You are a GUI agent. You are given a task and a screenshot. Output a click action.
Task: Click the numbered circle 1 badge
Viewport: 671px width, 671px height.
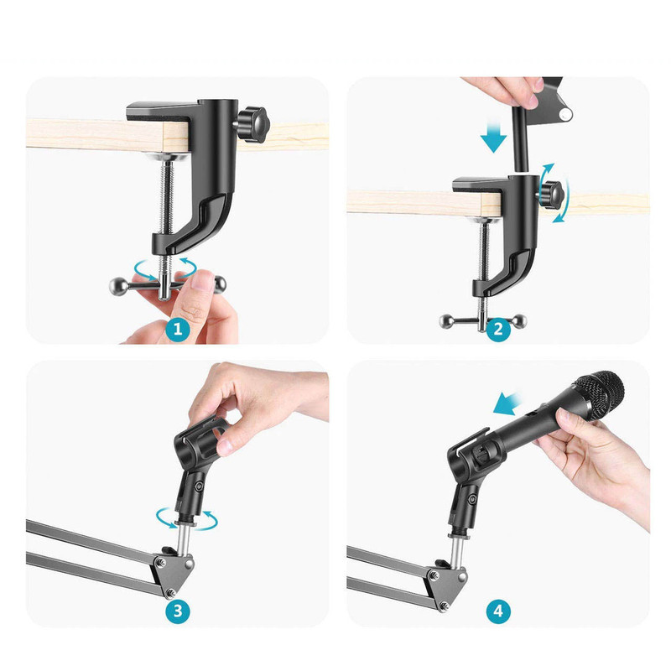178,329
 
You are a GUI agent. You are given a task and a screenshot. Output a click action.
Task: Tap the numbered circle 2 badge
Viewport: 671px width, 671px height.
498,329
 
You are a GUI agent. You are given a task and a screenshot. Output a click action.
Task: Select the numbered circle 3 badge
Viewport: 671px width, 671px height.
178,611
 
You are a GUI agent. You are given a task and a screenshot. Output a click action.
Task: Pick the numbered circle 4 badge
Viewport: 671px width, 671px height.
498,611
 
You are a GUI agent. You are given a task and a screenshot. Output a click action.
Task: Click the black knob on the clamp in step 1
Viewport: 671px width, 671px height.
253,124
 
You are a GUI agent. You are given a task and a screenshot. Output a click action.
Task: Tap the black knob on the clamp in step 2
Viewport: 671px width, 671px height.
552,195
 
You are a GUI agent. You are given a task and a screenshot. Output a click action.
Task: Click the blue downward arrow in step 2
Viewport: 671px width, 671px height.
493,136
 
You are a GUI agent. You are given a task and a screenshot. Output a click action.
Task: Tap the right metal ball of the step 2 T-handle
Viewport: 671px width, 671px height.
520,321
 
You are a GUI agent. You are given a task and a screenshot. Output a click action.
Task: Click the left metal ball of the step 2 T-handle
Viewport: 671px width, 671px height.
446,321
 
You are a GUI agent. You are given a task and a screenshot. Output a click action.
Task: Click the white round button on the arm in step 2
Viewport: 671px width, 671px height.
566,114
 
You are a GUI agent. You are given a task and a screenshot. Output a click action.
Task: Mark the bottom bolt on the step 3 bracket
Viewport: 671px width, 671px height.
171,592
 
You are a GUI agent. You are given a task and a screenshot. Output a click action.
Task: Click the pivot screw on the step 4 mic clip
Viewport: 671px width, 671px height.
472,499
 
